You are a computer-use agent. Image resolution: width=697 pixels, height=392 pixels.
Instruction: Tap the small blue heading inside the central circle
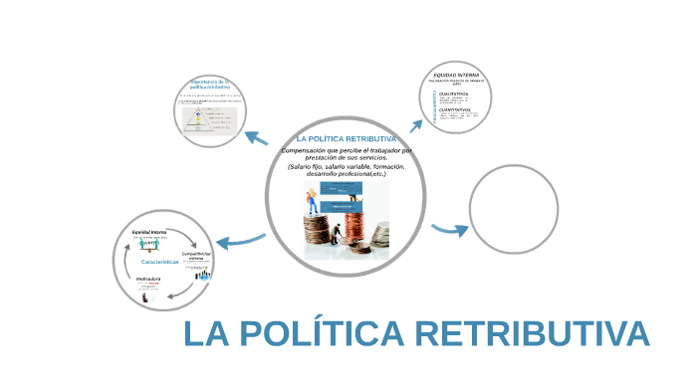tap(347, 137)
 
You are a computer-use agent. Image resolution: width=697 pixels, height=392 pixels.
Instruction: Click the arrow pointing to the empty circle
tap(451, 230)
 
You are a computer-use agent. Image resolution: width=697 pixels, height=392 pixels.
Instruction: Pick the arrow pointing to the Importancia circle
tap(258, 138)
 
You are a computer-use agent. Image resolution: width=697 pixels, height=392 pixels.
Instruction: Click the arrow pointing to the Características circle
tap(239, 240)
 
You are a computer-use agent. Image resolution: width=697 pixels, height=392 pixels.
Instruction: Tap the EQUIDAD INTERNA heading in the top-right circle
tap(456, 75)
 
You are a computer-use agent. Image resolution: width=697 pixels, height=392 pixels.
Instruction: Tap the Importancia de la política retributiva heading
tap(210, 85)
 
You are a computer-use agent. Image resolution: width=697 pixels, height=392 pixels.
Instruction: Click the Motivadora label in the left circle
tap(148, 280)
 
